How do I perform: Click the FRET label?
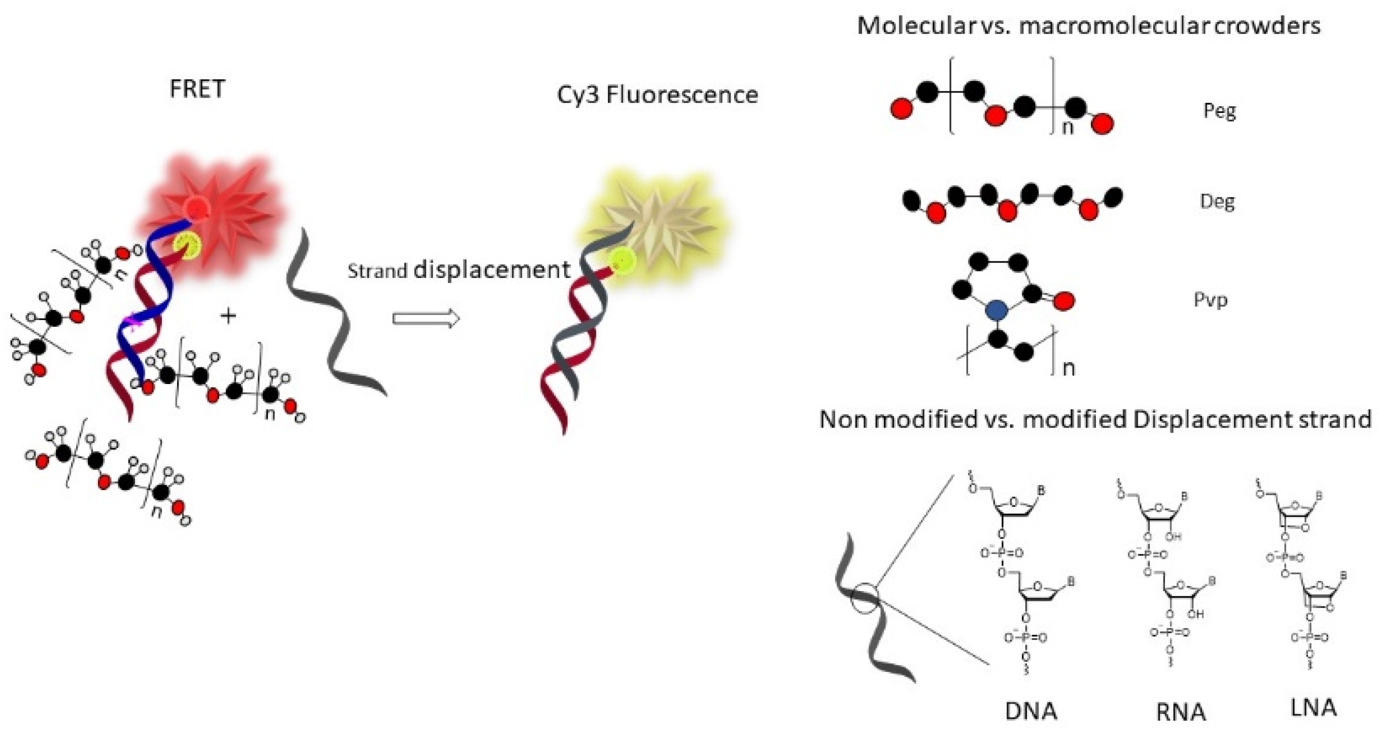(x=197, y=89)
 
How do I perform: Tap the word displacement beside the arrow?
(x=492, y=269)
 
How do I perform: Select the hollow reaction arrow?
(x=425, y=319)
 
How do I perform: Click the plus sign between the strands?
(x=228, y=316)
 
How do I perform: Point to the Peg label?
(x=1219, y=111)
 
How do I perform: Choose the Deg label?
(x=1217, y=202)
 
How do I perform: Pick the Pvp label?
(x=1211, y=299)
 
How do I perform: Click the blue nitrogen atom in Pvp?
(x=995, y=310)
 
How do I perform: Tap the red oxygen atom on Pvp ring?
(x=1063, y=301)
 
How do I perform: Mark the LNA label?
(x=1313, y=708)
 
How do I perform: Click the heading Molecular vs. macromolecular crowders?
(x=1088, y=25)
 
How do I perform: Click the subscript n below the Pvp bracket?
(x=1068, y=368)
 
